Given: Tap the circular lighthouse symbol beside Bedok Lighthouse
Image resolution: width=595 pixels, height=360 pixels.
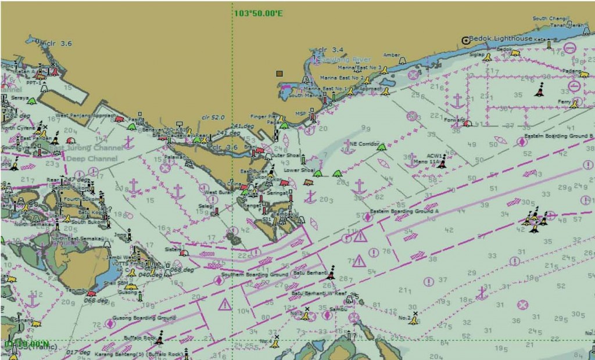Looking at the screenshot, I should click(465, 40).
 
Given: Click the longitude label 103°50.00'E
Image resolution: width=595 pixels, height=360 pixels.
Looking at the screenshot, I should click(258, 13).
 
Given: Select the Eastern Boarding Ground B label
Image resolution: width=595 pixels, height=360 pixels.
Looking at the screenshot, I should click(558, 136).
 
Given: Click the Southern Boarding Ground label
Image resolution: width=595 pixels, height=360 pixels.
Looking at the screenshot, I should click(264, 274).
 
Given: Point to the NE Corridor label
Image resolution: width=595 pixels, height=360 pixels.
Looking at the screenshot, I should click(364, 143).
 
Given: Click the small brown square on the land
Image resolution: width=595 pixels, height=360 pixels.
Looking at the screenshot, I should click(279, 74).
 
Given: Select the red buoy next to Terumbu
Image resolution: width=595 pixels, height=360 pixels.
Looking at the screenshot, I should click(90, 294).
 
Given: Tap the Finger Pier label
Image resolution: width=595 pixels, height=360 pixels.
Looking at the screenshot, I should click(265, 116).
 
